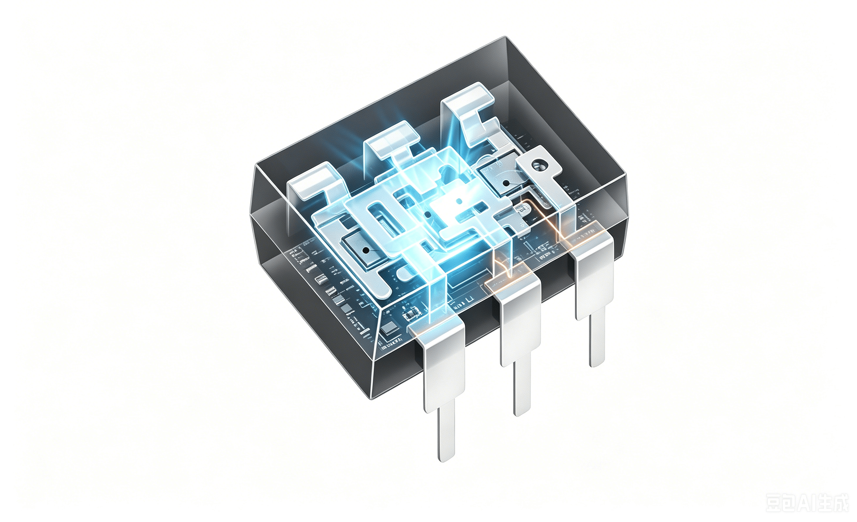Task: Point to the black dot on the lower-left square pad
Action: coord(365,250)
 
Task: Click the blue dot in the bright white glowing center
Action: coord(459,201)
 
